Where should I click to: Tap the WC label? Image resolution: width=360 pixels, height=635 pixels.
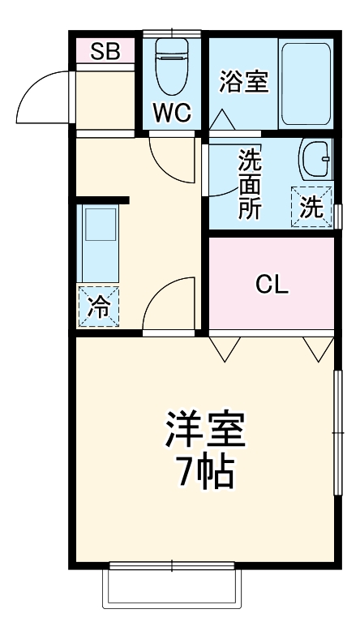pos(172,114)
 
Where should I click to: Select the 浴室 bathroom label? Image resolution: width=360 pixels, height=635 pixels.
pos(244,81)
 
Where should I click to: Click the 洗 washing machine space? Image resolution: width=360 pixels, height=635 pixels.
pos(312,206)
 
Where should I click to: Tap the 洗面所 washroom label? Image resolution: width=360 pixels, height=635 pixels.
pos(250,183)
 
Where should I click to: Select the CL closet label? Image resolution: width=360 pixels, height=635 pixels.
pos(272,284)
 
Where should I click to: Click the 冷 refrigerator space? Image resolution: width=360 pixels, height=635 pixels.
pos(98,307)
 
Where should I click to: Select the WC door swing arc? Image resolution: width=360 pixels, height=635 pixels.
pos(172,159)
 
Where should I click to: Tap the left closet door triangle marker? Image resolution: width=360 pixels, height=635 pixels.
pos(225,347)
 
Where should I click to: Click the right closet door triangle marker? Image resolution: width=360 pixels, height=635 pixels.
pos(319,347)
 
